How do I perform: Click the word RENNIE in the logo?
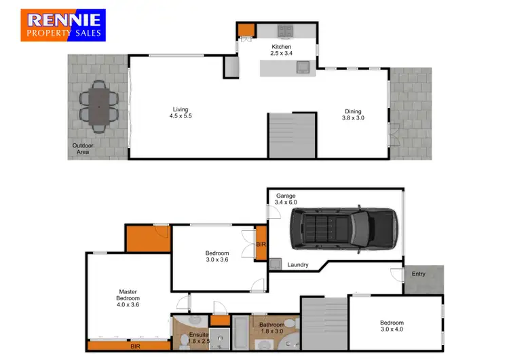coord(62,20)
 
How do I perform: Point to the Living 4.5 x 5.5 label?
coord(180,113)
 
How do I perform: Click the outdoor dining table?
coord(99,107)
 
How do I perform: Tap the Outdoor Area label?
coord(82,149)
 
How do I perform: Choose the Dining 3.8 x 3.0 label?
coord(352,114)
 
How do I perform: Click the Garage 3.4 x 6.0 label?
coord(285,199)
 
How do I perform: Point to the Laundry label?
coord(298,264)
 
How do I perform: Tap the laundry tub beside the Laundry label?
coord(276,264)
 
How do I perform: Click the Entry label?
coord(419,274)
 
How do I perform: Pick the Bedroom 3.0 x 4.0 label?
coord(392,326)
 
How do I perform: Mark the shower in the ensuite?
coord(219,337)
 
